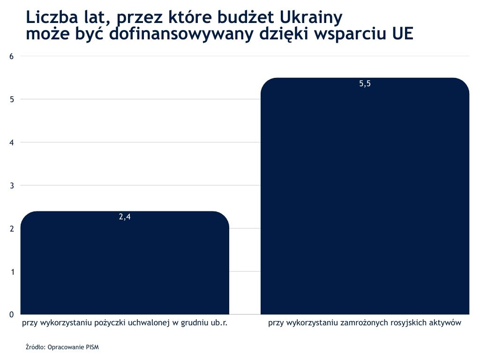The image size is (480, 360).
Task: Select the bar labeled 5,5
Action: [x=365, y=197]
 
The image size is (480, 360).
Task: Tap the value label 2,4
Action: [x=124, y=217]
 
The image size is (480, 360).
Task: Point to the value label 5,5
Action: [x=365, y=84]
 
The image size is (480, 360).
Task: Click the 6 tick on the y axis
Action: [x=12, y=56]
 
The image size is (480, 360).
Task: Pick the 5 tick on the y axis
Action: [x=12, y=99]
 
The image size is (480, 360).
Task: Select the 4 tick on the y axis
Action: [x=12, y=142]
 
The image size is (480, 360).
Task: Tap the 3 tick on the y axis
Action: [x=12, y=186]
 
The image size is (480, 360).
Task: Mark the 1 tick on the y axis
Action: [x=12, y=272]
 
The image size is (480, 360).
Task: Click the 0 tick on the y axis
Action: [x=12, y=315]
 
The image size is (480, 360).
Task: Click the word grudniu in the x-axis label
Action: [x=193, y=323]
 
